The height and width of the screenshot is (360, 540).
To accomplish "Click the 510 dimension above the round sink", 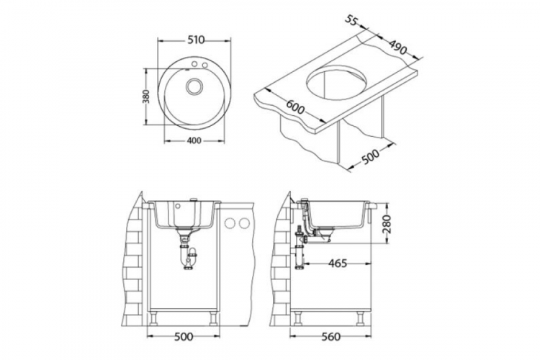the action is coord(196,40).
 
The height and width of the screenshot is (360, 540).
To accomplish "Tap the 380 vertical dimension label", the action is coord(146,96).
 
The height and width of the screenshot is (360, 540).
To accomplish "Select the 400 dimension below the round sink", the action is coord(194,140).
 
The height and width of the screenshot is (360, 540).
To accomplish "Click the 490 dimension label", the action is coord(398,48).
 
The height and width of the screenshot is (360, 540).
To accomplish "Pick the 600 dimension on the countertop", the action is coord(295,107).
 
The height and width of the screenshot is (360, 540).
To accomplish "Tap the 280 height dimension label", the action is coord(387,224).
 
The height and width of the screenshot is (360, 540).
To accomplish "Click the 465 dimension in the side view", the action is coord(337,264).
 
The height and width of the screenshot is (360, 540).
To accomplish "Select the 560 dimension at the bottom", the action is coord(330,336).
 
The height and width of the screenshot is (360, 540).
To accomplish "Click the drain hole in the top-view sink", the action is coord(194,86).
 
